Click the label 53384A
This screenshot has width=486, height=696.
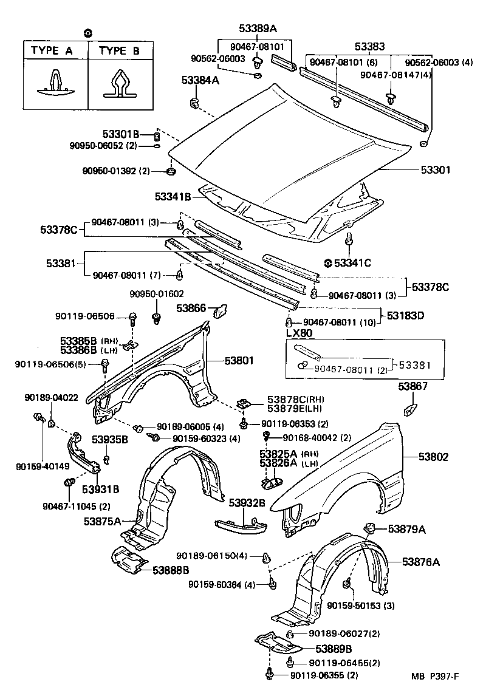pyautogui.click(x=200, y=80)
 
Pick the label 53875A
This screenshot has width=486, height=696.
pyautogui.click(x=103, y=520)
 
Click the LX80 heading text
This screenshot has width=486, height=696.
pyautogui.click(x=299, y=333)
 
